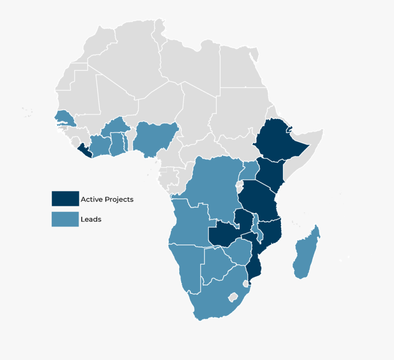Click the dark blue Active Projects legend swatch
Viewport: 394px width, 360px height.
(65, 199)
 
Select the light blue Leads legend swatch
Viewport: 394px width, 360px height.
(65, 219)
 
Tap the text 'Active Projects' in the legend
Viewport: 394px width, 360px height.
(107, 199)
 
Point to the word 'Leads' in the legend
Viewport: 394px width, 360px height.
(91, 219)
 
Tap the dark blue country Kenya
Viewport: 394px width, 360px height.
(269, 173)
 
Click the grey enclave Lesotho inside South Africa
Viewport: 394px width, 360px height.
(233, 297)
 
